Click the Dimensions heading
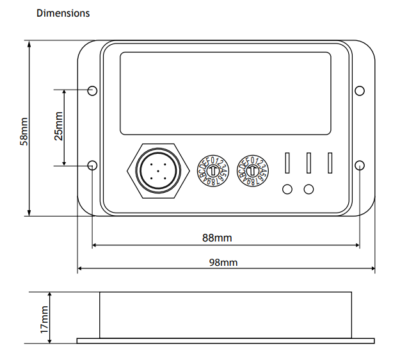[x=63, y=13]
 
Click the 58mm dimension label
[x=24, y=131]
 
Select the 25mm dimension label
[x=58, y=127]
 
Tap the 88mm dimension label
[x=217, y=238]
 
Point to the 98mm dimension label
[x=223, y=262]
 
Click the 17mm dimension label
[x=44, y=318]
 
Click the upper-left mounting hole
[x=92, y=90]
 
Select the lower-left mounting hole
[x=92, y=165]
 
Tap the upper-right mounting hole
[x=359, y=90]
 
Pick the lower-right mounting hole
[x=359, y=165]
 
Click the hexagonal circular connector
[x=156, y=171]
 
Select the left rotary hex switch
[x=213, y=172]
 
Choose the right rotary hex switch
[x=252, y=172]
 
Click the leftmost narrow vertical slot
[x=288, y=163]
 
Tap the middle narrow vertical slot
[x=309, y=163]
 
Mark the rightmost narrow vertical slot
[x=330, y=163]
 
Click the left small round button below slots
[x=287, y=189]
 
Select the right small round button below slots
[x=309, y=189]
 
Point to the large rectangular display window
[x=225, y=94]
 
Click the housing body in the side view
[x=225, y=315]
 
